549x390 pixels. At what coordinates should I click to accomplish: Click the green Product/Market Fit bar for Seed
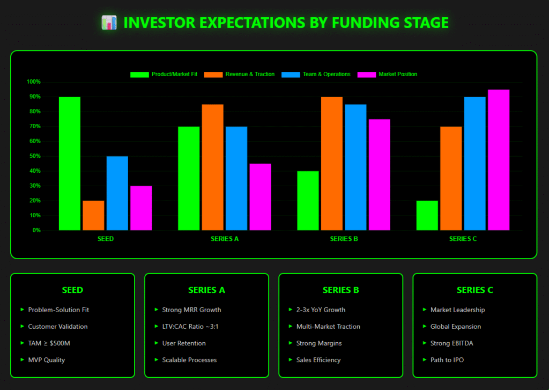coord(70,164)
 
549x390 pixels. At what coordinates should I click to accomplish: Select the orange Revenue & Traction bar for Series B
coord(332,164)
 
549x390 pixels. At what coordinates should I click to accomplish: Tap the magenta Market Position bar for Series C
coord(499,160)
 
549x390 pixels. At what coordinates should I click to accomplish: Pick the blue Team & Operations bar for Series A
coord(236,179)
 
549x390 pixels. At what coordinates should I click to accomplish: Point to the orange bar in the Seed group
coord(93,216)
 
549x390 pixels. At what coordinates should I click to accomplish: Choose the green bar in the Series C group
coord(427,216)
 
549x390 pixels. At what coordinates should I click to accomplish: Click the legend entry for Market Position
coord(397,74)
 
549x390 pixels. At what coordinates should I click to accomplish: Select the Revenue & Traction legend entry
coord(250,74)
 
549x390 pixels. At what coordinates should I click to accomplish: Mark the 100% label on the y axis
coord(33,82)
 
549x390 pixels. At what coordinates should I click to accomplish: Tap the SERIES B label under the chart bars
coord(344,239)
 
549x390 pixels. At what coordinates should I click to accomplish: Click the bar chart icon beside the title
coord(109,23)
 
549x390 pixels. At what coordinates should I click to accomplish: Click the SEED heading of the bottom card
coord(72,290)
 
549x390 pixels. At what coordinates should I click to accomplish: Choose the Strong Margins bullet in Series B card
coord(319,343)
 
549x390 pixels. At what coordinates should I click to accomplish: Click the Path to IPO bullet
coord(447,360)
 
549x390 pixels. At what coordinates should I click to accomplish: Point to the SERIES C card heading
coord(474,290)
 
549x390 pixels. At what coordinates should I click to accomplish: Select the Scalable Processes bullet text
coord(189,360)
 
